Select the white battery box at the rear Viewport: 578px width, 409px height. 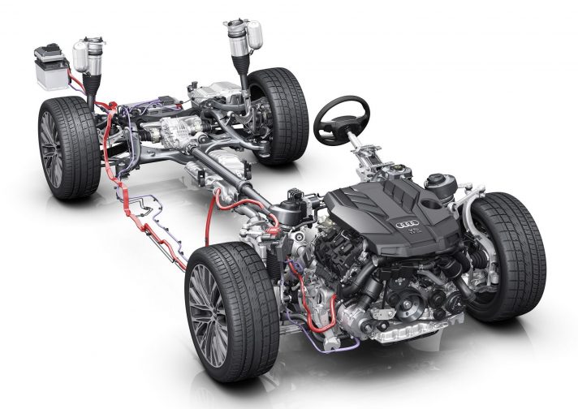tap(50, 70)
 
